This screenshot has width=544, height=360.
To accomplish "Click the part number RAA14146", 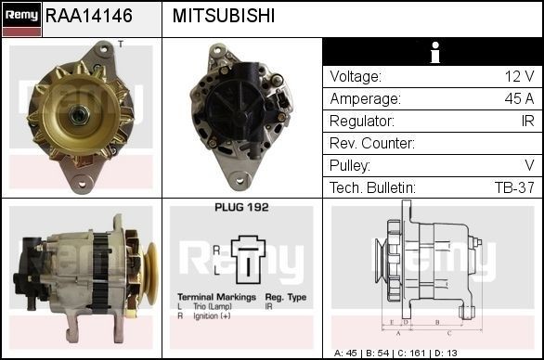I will click(x=89, y=17).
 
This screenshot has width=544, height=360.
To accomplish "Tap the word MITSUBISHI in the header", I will click(x=223, y=17).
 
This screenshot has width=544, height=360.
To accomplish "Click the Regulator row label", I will click(x=361, y=121).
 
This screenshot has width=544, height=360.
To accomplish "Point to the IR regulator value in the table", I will click(x=526, y=121).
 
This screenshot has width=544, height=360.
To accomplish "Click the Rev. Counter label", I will click(x=371, y=143).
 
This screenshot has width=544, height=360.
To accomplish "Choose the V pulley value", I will click(x=529, y=165).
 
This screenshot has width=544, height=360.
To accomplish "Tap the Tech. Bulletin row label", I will click(x=372, y=187).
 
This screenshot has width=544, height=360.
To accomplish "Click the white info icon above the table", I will click(x=433, y=53).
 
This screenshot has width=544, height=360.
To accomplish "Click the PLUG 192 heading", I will click(x=241, y=208).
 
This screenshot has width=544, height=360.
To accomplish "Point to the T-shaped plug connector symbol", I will click(x=249, y=260).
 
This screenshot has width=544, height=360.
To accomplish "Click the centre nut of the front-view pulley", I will click(x=79, y=114).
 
